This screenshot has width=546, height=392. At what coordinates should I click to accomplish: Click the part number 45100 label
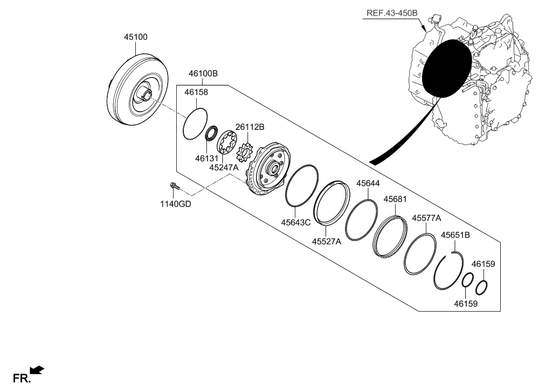136,37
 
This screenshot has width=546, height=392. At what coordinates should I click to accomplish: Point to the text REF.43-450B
390,13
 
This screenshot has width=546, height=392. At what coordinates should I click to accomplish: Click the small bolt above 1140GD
174,187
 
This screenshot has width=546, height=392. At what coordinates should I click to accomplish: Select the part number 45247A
224,168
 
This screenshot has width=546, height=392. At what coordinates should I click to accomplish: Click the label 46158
196,92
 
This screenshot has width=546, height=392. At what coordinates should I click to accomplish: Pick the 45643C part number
296,222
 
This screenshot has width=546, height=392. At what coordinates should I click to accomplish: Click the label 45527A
327,242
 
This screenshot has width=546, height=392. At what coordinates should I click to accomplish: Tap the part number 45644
368,184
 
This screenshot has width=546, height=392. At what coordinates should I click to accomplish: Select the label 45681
395,199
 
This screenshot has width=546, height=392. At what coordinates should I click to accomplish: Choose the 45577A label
426,218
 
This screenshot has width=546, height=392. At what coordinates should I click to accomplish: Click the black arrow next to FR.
37,369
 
